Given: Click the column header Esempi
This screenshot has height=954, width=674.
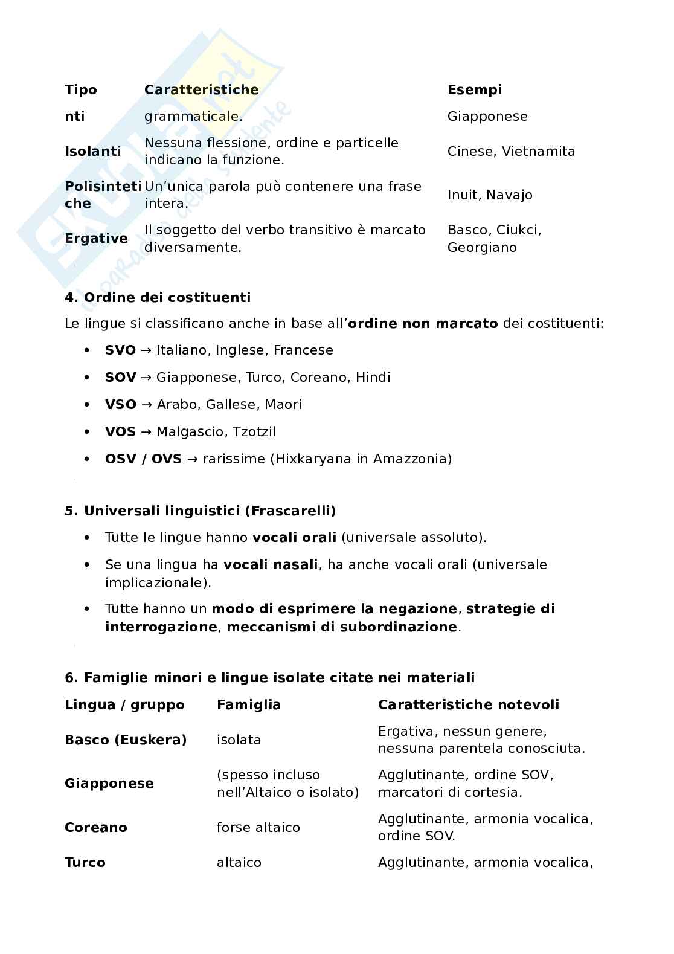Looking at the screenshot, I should pos(474,90).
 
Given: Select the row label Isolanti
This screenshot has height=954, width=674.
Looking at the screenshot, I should pos(92,152).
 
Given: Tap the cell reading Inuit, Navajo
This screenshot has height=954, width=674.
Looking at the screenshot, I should pos(490,195).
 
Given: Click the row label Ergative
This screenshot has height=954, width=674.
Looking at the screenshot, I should pos(96,239).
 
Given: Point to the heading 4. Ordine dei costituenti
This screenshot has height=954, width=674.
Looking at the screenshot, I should pos(157,298).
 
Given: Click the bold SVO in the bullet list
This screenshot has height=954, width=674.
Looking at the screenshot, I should pos(120,350).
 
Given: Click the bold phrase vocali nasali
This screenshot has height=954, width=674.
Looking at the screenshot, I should pos(270,565).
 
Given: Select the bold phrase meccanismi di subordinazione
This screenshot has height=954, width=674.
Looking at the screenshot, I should pos(342,627).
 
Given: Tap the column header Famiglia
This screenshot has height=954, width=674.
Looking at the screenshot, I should pos(248,705).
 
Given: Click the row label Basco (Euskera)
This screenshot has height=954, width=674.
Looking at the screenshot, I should pos(126,740).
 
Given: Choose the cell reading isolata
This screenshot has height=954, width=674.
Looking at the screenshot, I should pos(239,740).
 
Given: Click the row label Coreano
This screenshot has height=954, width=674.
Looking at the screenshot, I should pos(96,828).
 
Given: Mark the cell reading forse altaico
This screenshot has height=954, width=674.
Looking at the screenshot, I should pos(258,828).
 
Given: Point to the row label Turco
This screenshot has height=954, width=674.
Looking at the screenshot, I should pos(85,863).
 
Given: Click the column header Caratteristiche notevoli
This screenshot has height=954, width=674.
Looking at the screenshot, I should pos(468,705).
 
